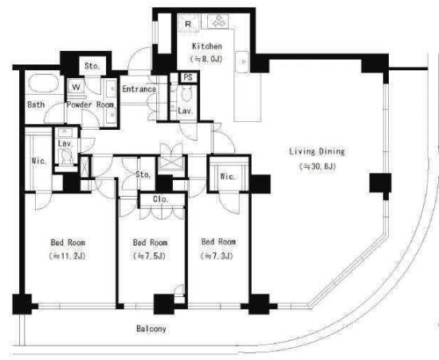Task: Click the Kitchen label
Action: tap(207, 46)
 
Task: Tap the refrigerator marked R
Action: tap(188, 23)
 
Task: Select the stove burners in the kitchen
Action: tap(218, 22)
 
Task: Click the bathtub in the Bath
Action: tap(44, 83)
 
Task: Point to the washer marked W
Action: tap(76, 87)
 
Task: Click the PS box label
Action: tap(188, 77)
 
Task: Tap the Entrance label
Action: tap(139, 89)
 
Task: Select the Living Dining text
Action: tap(317, 152)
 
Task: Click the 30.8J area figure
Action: tap(317, 166)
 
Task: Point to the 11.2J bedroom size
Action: tap(67, 256)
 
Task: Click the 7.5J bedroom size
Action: tap(150, 256)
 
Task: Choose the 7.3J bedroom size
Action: tap(217, 256)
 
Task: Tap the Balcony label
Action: tap(151, 329)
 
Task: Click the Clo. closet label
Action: tap(160, 199)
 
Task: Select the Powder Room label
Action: tap(90, 104)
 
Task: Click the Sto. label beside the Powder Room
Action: tap(92, 66)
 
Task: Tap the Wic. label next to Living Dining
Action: tap(228, 177)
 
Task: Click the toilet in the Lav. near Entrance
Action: tap(186, 94)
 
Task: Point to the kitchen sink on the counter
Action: tap(242, 62)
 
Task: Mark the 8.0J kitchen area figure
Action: tap(206, 60)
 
